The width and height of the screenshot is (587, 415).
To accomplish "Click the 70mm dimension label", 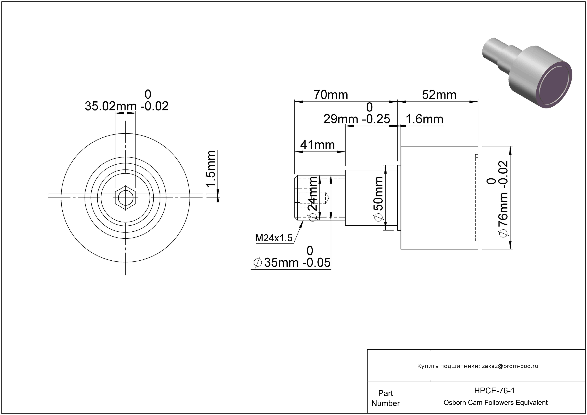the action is (x=331, y=95).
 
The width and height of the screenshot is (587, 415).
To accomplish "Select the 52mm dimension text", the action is (x=439, y=95).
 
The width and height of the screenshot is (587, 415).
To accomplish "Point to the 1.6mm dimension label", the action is (x=424, y=119).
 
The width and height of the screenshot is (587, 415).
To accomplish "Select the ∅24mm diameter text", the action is (x=313, y=199).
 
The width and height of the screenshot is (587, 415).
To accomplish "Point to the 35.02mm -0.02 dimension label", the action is (x=127, y=101).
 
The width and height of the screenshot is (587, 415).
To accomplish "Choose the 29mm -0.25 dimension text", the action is (x=357, y=113).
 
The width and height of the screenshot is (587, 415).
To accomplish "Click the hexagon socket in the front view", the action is (x=125, y=198).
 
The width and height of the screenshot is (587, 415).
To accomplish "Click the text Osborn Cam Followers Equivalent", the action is (x=495, y=402).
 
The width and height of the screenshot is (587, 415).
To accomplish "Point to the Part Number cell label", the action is (x=386, y=398).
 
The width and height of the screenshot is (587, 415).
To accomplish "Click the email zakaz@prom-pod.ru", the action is (x=510, y=366).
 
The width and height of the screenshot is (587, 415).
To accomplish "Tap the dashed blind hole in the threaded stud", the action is (x=314, y=198).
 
